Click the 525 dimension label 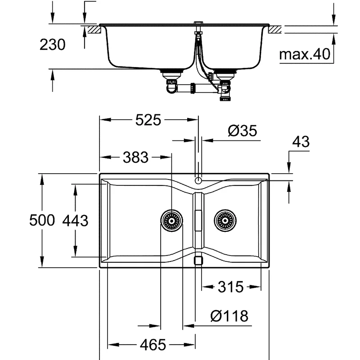(148, 120)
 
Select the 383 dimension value (136, 157)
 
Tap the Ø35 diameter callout (243, 131)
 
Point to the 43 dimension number (301, 142)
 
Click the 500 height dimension (42, 220)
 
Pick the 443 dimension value (75, 220)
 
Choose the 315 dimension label (230, 287)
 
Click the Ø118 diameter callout (229, 316)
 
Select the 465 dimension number (153, 345)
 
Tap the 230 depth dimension (53, 45)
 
